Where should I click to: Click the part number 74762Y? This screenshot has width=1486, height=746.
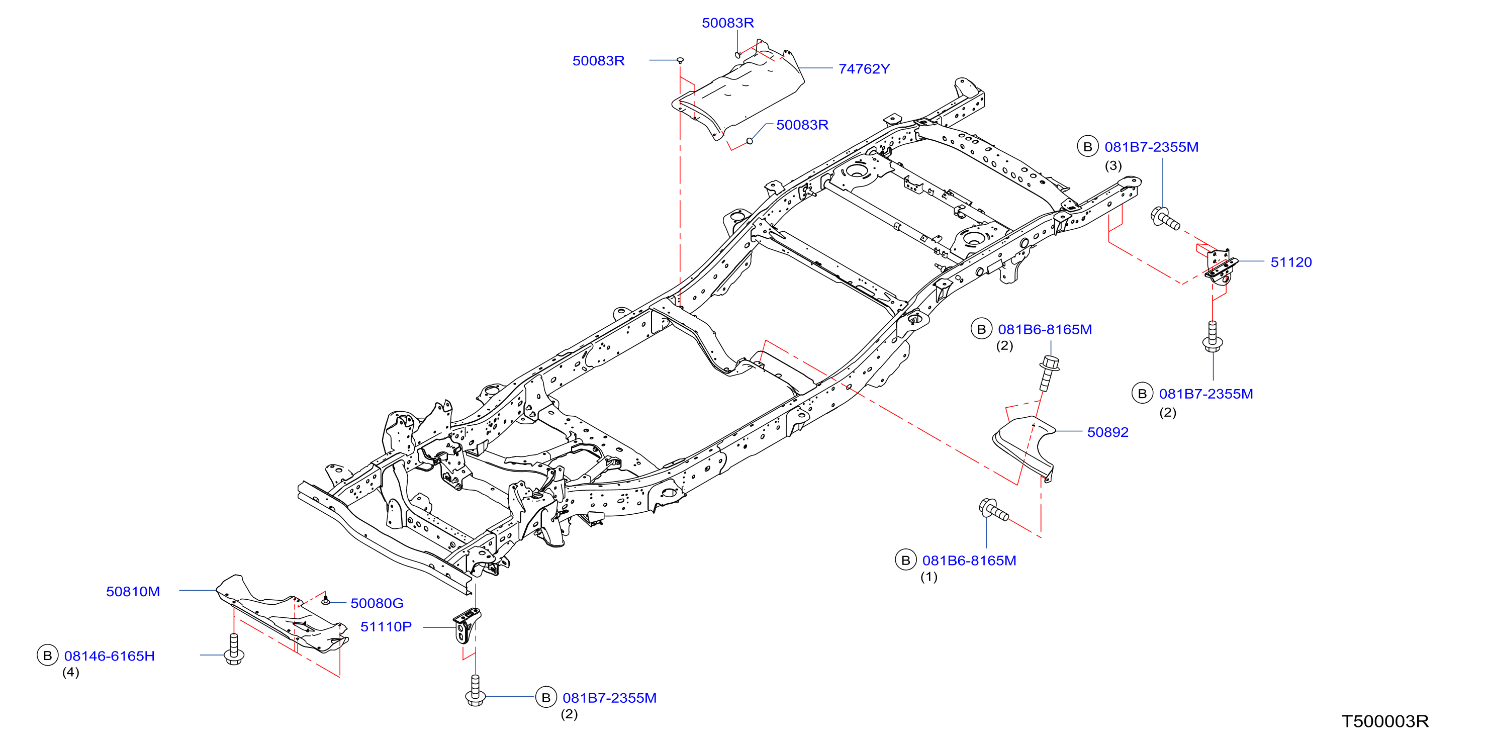click(864, 69)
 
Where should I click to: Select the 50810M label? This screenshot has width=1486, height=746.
click(133, 591)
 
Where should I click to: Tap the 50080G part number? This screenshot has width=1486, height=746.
click(377, 603)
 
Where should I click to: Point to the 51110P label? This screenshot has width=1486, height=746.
click(386, 626)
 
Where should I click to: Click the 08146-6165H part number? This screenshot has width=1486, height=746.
click(110, 656)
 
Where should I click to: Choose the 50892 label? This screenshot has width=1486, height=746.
click(1107, 432)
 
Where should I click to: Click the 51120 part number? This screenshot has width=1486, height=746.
click(1291, 262)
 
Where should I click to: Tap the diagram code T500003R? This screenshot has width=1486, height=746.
click(1385, 721)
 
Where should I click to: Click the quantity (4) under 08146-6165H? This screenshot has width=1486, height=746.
click(70, 672)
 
